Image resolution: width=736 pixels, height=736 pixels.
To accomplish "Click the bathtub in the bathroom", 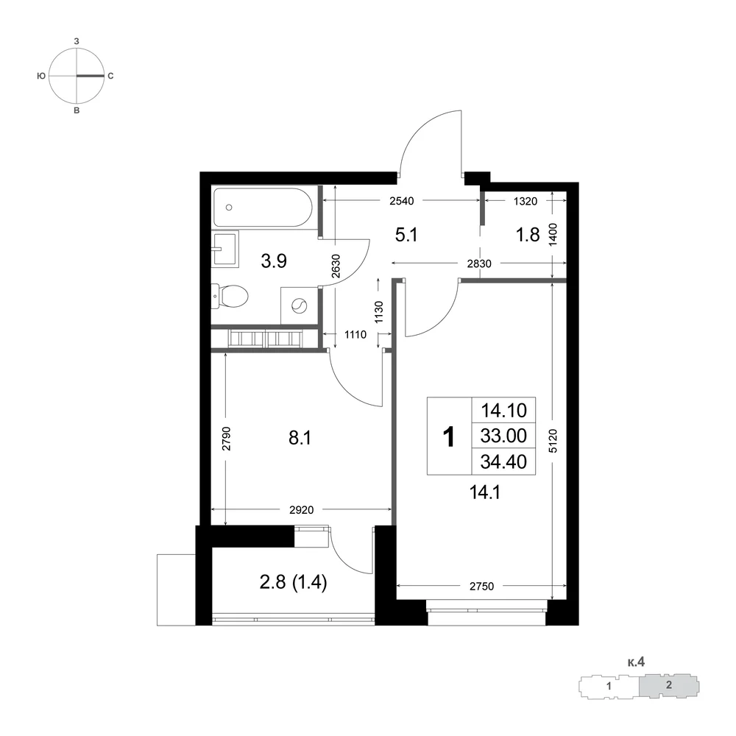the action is (263, 208).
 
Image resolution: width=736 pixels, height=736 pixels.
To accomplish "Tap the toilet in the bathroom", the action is (230, 297).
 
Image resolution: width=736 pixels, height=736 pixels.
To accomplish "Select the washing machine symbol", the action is (300, 306).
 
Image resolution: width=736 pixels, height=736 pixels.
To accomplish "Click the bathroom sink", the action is (225, 248).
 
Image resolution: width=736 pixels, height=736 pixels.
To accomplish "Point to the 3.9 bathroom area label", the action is (274, 261).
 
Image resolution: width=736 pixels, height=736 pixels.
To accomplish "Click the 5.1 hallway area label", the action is (406, 235).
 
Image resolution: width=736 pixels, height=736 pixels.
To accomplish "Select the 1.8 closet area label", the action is (528, 235).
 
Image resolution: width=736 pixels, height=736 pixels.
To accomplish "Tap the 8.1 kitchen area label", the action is (300, 438).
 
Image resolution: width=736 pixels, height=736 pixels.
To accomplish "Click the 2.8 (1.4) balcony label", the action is (294, 582).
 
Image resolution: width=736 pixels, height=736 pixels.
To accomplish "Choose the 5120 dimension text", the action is (553, 440).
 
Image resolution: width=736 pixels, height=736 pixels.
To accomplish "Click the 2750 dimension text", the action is (481, 587).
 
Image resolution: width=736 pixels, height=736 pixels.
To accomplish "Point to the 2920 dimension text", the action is (301, 510).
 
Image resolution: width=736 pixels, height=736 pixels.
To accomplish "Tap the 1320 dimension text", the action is (526, 202).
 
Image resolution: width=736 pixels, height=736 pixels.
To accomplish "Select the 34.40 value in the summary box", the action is (503, 462).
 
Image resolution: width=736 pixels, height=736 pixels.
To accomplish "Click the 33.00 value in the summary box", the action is (503, 436).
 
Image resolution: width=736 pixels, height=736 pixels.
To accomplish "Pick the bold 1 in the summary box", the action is (449, 437).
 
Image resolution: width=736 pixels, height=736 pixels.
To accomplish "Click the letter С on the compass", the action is (111, 76).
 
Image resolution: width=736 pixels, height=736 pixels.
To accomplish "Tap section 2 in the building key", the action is (669, 684).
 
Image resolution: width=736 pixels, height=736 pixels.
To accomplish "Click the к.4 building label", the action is (636, 662).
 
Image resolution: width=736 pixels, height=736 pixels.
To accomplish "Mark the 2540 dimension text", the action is (402, 202).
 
